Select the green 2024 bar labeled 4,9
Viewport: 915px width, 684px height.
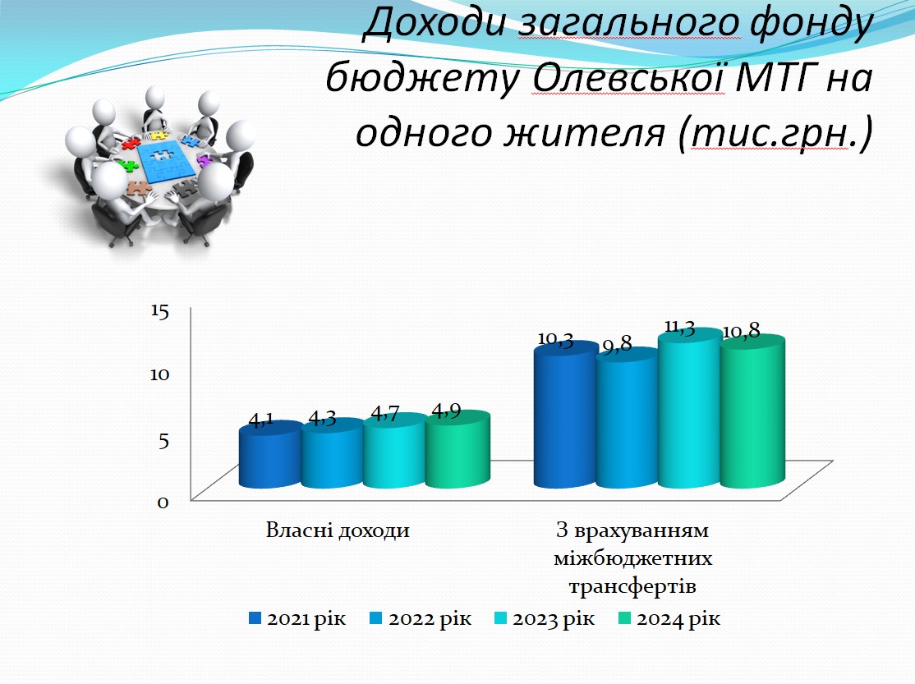(x=457, y=449)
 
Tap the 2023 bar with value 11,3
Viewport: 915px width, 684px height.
(x=688, y=408)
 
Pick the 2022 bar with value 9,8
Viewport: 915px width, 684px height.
(x=627, y=418)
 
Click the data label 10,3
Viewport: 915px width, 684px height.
(x=555, y=339)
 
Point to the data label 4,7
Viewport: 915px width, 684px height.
(x=385, y=414)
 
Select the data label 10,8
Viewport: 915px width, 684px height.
(x=741, y=332)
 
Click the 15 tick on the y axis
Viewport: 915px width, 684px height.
(x=159, y=310)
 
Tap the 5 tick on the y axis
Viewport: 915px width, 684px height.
(x=163, y=440)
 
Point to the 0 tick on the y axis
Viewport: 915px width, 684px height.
(x=163, y=502)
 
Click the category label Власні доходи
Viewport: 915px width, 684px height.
(x=338, y=530)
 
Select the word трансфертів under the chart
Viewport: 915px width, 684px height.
(x=632, y=586)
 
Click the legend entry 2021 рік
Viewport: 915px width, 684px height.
(x=297, y=618)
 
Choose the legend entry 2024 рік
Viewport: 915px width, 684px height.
(x=669, y=618)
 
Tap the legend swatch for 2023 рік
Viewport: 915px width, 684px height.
(x=501, y=618)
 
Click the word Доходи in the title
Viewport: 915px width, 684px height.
(x=435, y=23)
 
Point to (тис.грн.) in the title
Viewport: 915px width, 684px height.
(x=775, y=132)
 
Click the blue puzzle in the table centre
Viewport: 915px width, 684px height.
(x=165, y=158)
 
